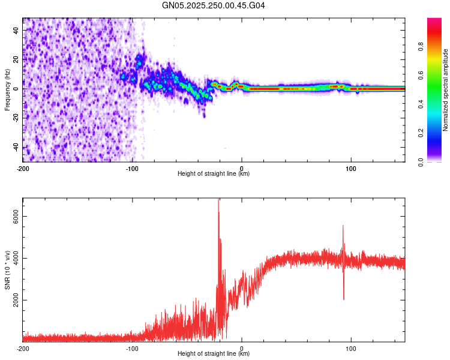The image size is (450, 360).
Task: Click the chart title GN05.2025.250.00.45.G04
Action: click(x=214, y=5)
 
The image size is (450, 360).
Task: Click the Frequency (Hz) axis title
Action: click(x=7, y=89)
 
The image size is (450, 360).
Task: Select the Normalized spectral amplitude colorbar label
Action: click(x=445, y=90)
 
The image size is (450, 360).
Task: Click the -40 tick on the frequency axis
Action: click(x=16, y=148)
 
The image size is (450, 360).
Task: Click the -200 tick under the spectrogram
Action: click(x=23, y=167)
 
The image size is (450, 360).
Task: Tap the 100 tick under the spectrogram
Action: click(x=350, y=167)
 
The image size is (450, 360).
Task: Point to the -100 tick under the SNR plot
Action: click(x=132, y=348)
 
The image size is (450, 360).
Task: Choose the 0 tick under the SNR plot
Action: click(x=241, y=348)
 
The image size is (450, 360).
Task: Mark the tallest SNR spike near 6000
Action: click(x=218, y=201)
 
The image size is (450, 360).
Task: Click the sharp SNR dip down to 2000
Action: click(x=344, y=298)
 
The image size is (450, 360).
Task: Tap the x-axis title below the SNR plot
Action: click(x=214, y=354)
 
